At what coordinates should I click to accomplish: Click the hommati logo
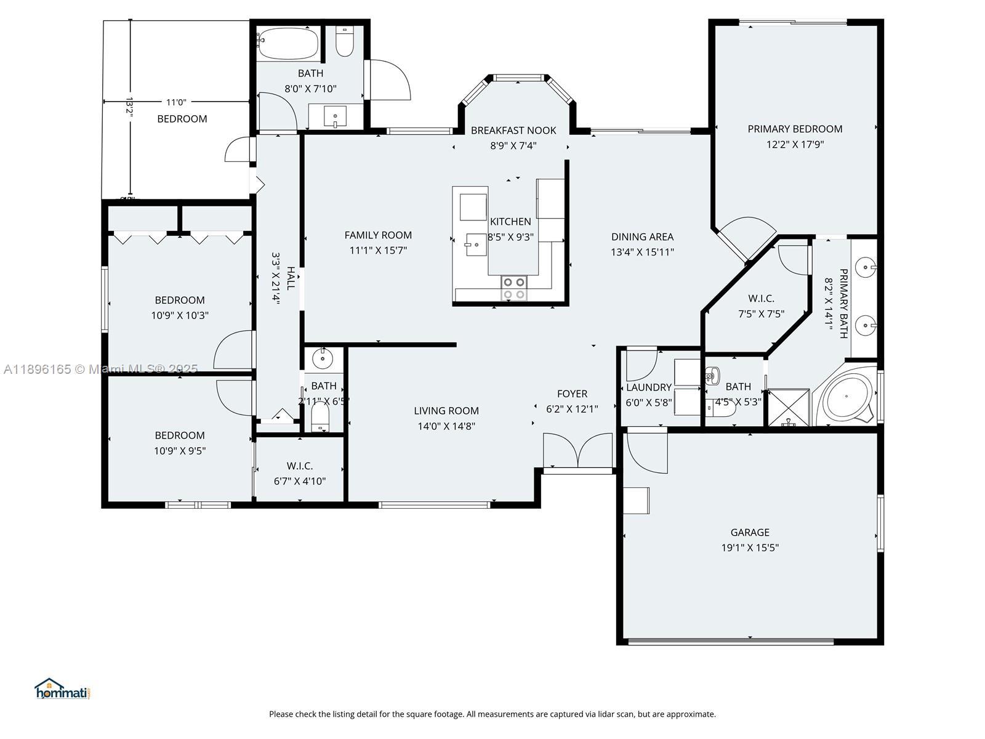pos(62,689)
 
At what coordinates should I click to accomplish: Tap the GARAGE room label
pos(750,532)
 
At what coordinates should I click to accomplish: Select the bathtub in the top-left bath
pos(289,44)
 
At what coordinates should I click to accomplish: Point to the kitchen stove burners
pos(514,288)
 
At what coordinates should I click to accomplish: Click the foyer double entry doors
pos(577,450)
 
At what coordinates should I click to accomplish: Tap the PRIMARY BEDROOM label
pos(795,129)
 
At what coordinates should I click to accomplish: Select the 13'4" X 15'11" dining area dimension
pos(642,252)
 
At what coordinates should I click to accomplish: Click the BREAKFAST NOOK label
pos(513,131)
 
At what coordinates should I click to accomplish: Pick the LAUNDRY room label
pos(649,388)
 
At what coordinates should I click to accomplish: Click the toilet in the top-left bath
pos(345,41)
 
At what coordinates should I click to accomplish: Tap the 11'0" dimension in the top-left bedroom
pos(176,102)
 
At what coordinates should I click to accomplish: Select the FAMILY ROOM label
pos(378,235)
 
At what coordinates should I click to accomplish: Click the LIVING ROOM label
pos(446,411)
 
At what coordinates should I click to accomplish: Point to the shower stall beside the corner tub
pos(788,407)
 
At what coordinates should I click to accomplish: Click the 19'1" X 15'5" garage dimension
pos(750,548)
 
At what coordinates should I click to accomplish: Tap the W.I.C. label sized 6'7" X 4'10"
pos(299,466)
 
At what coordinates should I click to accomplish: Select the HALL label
pos(291,278)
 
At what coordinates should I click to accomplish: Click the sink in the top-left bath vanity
pos(336,116)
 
